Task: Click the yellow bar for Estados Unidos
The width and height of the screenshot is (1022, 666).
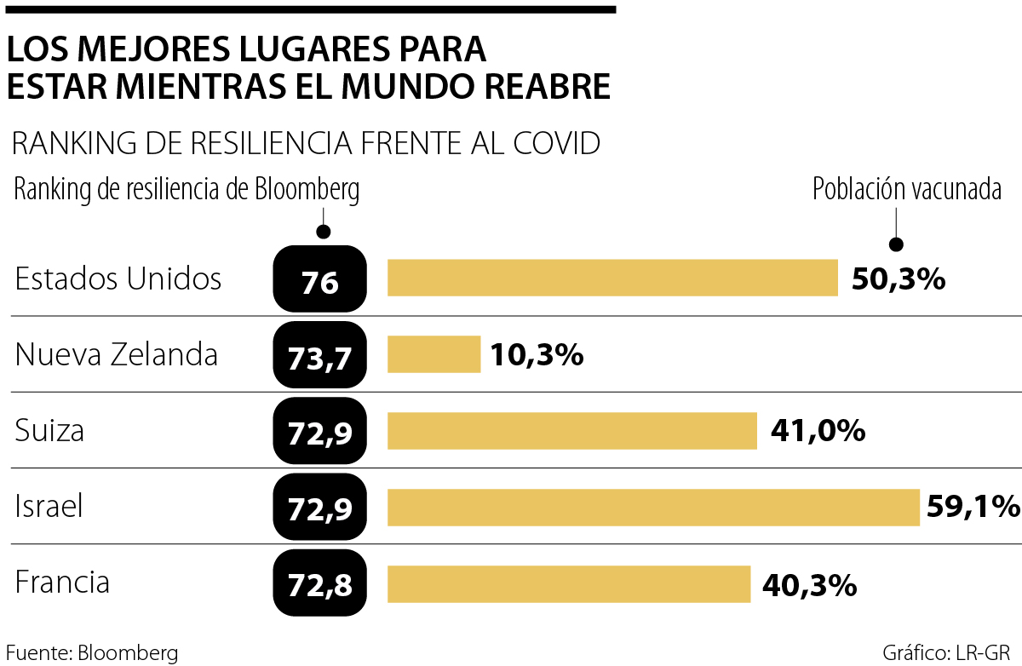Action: tap(612, 278)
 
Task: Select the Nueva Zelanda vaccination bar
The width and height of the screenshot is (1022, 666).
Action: tap(434, 354)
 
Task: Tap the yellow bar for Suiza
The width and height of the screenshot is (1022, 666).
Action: tap(572, 431)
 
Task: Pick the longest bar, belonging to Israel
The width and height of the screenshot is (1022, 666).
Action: tap(653, 508)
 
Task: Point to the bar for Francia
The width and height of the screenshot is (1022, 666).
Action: tap(569, 584)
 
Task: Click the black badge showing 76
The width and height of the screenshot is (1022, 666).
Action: tap(319, 279)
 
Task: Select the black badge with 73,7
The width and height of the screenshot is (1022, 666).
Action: tap(319, 355)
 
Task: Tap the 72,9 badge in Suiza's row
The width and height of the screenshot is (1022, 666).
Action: tap(319, 432)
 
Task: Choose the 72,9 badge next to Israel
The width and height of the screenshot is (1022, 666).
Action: tap(319, 508)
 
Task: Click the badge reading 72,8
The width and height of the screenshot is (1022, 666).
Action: tap(319, 585)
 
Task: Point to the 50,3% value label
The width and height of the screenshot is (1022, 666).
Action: tap(898, 278)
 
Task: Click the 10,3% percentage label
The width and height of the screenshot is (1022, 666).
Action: tap(537, 355)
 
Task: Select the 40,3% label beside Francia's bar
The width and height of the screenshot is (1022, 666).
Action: tap(807, 585)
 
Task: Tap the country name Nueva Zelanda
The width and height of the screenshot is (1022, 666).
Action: tap(117, 354)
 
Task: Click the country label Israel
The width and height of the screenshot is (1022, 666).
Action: tap(49, 508)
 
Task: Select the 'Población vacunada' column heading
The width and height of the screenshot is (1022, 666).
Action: tap(907, 189)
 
